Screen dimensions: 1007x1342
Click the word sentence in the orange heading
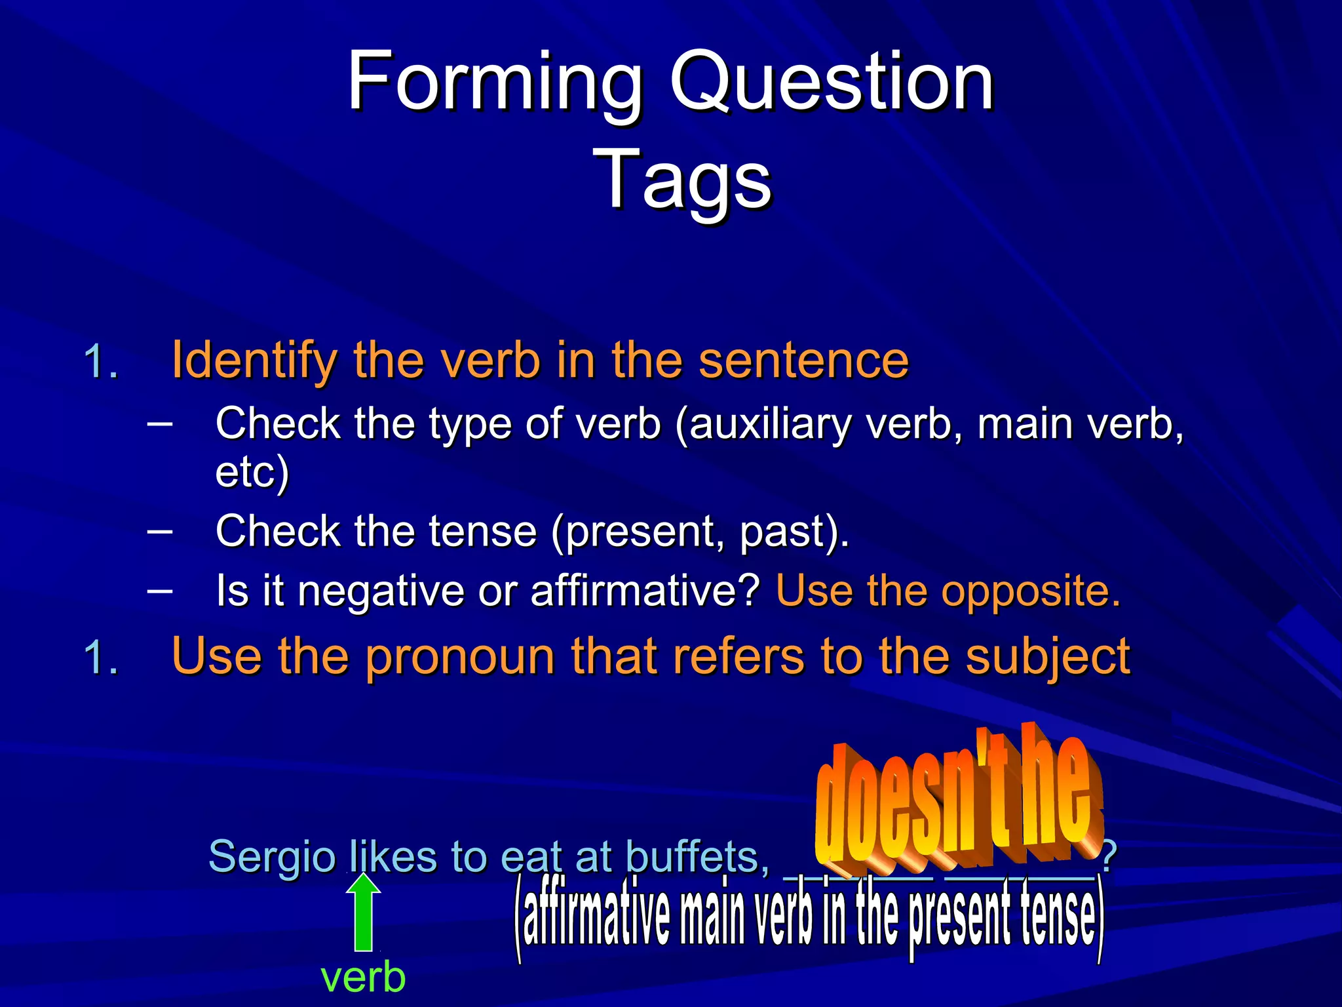[803, 361]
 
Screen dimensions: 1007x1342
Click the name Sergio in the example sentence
[271, 857]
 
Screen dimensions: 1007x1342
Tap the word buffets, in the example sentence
[697, 857]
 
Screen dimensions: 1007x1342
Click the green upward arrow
[363, 913]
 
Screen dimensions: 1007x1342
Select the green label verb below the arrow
[363, 977]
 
